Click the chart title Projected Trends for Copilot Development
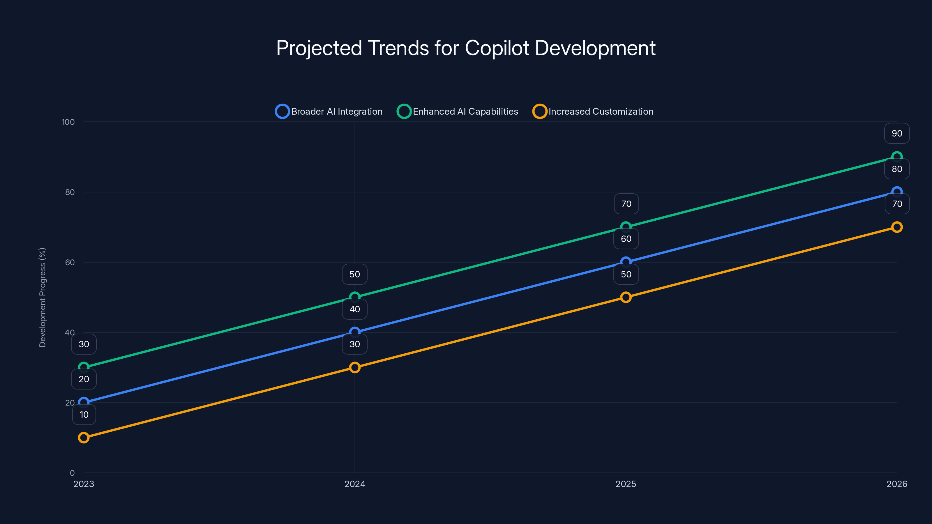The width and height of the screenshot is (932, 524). tap(466, 48)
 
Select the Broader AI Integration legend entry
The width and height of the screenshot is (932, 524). tap(329, 111)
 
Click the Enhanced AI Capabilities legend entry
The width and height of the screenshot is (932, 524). tap(458, 111)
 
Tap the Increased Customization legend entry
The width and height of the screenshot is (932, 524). tap(593, 111)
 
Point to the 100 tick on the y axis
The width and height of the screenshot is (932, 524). tap(68, 122)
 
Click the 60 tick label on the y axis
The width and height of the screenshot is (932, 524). tap(70, 262)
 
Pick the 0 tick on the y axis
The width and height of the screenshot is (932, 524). tap(72, 473)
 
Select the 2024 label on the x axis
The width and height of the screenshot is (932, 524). tap(354, 484)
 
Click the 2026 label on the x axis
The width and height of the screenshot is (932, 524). tap(896, 484)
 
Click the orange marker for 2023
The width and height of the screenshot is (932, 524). tap(84, 438)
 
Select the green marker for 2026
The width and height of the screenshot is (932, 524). tap(896, 157)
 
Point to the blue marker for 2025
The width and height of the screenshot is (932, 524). tap(626, 262)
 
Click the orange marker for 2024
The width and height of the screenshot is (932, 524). tap(354, 367)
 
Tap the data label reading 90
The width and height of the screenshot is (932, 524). tap(896, 133)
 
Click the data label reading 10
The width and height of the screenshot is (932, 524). tap(84, 415)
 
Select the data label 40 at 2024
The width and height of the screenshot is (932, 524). tap(354, 309)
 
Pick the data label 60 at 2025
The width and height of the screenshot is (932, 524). tap(626, 239)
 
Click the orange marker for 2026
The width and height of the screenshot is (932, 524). tap(896, 227)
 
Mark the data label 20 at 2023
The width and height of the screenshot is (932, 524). tap(84, 379)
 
